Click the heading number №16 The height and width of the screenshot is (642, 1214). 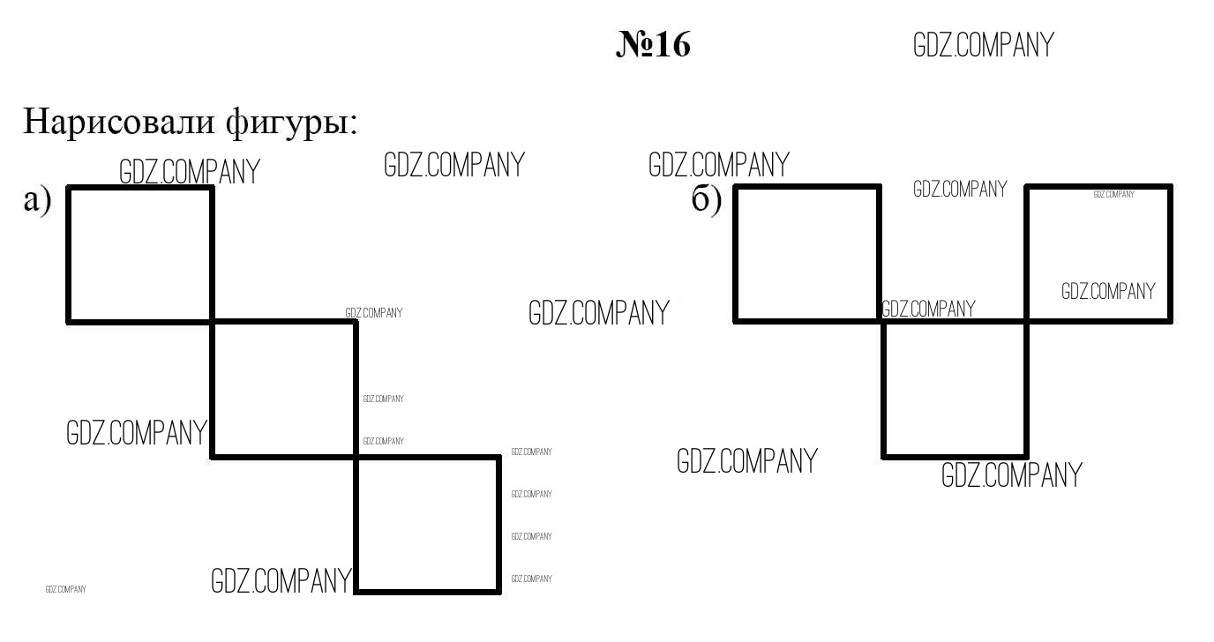tap(653, 44)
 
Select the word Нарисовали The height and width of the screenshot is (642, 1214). tap(119, 122)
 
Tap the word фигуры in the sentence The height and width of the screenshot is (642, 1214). tap(291, 123)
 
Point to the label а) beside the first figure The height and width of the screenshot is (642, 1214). tap(37, 199)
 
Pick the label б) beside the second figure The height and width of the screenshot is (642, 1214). tap(707, 198)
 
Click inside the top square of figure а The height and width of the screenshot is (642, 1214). tap(139, 255)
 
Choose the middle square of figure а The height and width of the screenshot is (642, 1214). tap(284, 390)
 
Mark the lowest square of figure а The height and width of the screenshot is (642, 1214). tap(427, 525)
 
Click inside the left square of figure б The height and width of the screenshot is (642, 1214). tap(807, 254)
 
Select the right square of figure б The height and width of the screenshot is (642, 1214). tap(1098, 254)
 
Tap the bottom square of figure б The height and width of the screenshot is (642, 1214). tap(955, 390)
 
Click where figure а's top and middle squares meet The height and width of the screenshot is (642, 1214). tap(212, 323)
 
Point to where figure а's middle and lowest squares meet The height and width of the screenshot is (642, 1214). tap(356, 458)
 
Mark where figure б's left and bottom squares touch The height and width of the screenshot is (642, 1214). tap(881, 322)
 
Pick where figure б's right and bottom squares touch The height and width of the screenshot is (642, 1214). tap(1027, 322)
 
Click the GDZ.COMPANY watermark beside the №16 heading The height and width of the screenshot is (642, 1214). tap(983, 45)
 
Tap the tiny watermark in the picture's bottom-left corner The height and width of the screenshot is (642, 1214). tap(65, 589)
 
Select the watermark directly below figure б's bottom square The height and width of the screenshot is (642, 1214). tap(1011, 475)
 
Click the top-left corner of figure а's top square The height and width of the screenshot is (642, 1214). tap(68, 188)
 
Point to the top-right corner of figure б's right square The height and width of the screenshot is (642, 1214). tap(1171, 186)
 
